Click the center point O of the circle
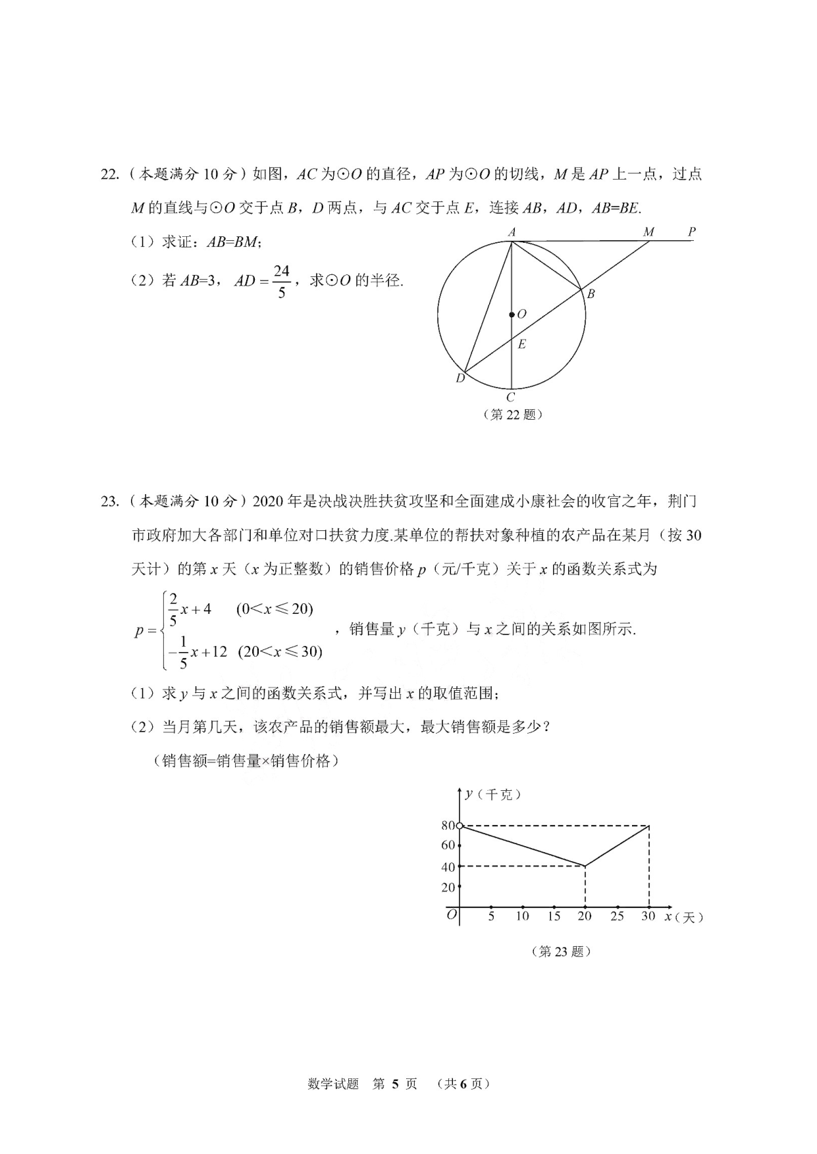[512, 315]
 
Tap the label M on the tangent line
[648, 232]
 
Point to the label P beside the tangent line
[691, 232]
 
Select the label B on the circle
[591, 294]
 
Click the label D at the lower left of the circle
[460, 378]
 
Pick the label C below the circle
[510, 397]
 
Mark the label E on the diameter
[521, 344]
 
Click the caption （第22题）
[513, 414]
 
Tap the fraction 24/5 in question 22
[281, 281]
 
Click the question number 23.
[109, 501]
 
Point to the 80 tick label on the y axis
[448, 826]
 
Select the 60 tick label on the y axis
[448, 845]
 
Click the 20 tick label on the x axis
[585, 916]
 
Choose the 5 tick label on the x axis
[491, 916]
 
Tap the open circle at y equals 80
[460, 825]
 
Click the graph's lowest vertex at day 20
[585, 866]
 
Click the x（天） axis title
[684, 916]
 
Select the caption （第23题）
[561, 951]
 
